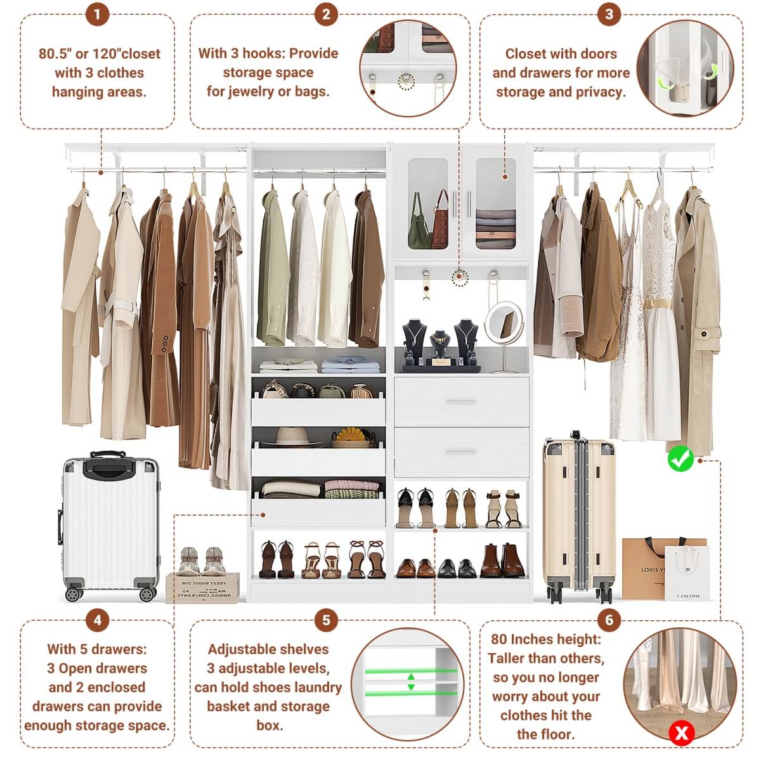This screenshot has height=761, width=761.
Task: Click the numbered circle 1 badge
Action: coord(97,14)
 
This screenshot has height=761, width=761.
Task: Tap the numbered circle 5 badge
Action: coord(326,620)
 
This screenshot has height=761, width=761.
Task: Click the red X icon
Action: coord(682,734)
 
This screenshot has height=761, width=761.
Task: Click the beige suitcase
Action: coord(578,514)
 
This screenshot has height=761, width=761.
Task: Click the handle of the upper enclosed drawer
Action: coord(461,402)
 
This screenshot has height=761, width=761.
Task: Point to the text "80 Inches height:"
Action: coord(545,639)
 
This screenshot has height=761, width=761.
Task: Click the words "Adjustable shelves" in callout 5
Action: coord(268,649)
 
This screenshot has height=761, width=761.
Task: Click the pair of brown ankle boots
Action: coord(502,561)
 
